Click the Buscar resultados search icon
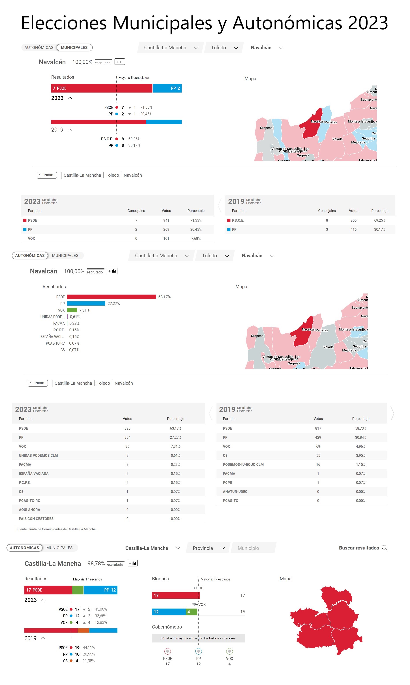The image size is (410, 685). (x=384, y=548)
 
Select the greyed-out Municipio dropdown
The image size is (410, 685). (x=253, y=548)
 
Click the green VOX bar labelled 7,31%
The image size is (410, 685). (x=72, y=310)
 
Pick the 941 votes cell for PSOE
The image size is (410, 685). (x=166, y=220)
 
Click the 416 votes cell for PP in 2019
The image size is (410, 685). (x=353, y=230)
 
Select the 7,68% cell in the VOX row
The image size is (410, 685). (x=196, y=238)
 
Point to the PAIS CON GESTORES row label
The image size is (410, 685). (x=36, y=519)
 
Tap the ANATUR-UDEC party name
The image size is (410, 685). (x=235, y=492)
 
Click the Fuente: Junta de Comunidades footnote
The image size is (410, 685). (x=56, y=529)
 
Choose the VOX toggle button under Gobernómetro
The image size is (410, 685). (x=229, y=651)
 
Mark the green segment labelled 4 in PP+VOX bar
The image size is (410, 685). (x=191, y=612)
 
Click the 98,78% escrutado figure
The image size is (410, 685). (x=96, y=563)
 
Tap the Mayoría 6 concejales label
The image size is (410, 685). (x=134, y=78)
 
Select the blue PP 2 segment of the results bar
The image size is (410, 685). (x=167, y=88)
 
